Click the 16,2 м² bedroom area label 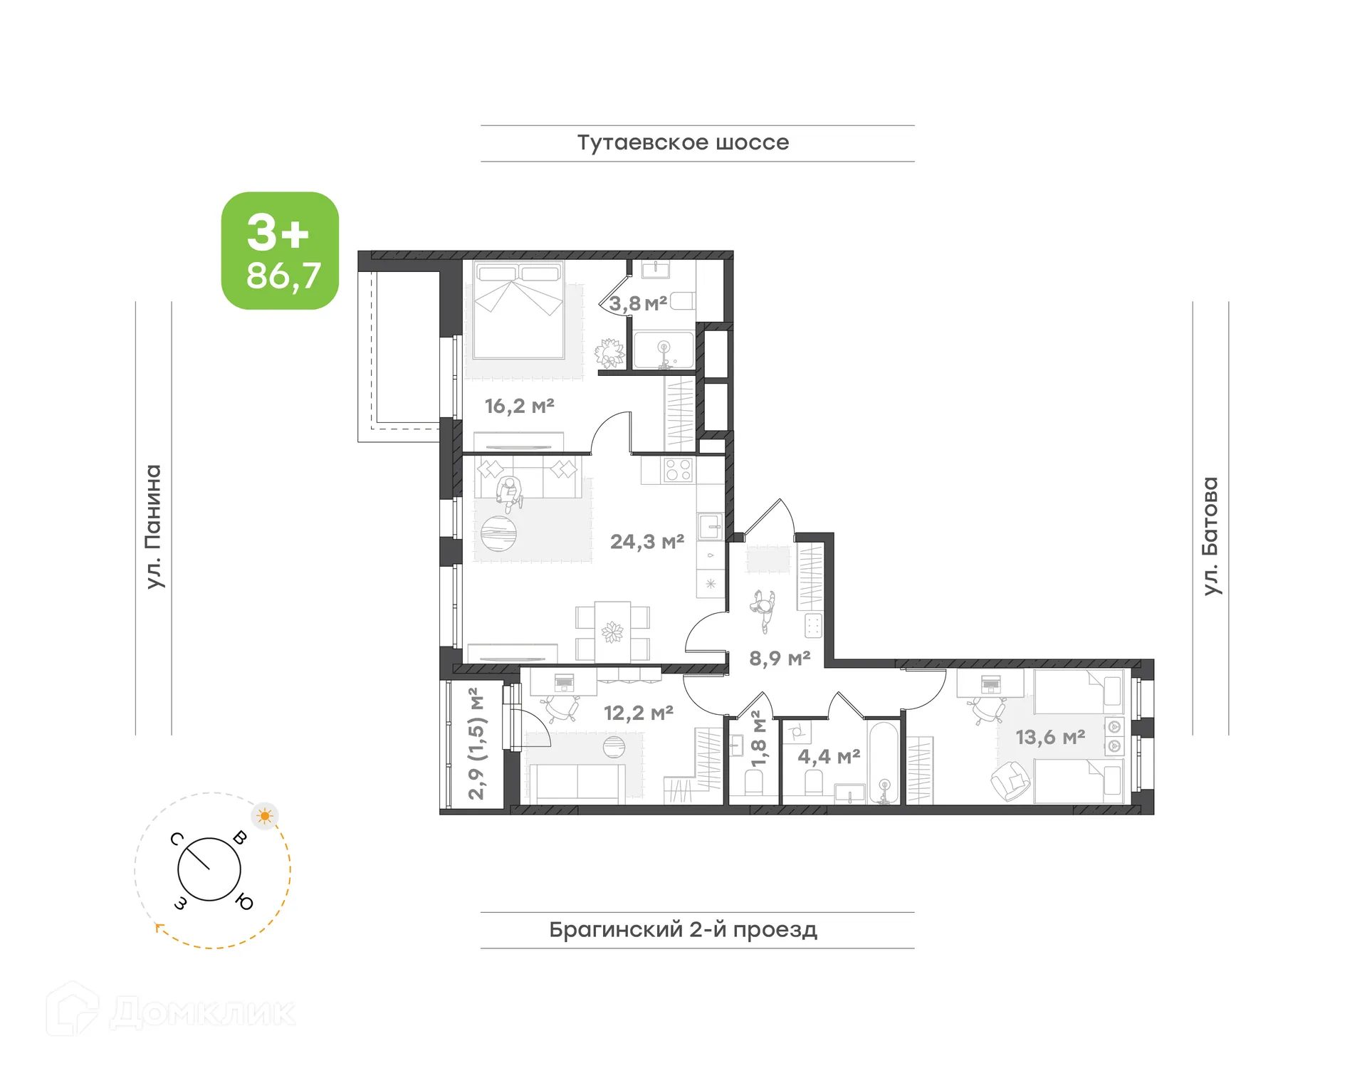pyautogui.click(x=519, y=406)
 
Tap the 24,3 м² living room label pyautogui.click(x=646, y=542)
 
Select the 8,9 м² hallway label pyautogui.click(x=779, y=659)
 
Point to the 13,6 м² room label pyautogui.click(x=1049, y=737)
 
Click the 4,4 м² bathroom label pyautogui.click(x=828, y=756)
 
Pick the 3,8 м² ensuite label pyautogui.click(x=637, y=304)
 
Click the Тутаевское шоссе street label pyautogui.click(x=683, y=142)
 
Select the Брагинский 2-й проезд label pyautogui.click(x=683, y=929)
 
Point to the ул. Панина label pyautogui.click(x=154, y=526)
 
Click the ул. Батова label pyautogui.click(x=1210, y=535)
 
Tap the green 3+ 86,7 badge pyautogui.click(x=280, y=251)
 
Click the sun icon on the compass pyautogui.click(x=265, y=816)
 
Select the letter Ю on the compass pyautogui.click(x=244, y=902)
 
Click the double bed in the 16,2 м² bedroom pyautogui.click(x=518, y=311)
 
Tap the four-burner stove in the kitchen pyautogui.click(x=677, y=470)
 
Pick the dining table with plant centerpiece pyautogui.click(x=612, y=632)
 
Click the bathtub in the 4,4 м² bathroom pyautogui.click(x=884, y=763)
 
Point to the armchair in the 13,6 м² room pyautogui.click(x=1010, y=780)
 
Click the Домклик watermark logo pyautogui.click(x=171, y=1011)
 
